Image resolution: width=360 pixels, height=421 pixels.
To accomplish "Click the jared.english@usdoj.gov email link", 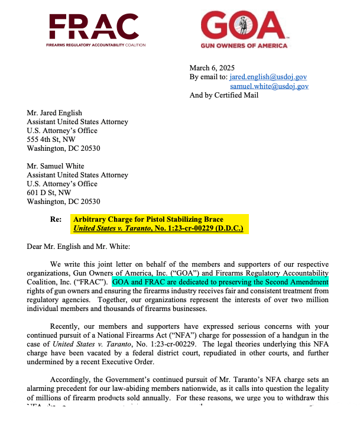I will point(268,77).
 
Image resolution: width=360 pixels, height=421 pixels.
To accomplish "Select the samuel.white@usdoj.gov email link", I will point(270,86).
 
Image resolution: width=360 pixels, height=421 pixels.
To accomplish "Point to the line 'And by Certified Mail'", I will point(224,95).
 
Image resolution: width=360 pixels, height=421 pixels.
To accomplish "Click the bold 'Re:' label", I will point(56,219).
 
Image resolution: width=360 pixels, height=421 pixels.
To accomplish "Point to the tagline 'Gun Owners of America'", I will point(244,46).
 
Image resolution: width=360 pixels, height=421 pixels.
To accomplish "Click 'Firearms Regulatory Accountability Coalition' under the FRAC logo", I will point(95,45).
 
